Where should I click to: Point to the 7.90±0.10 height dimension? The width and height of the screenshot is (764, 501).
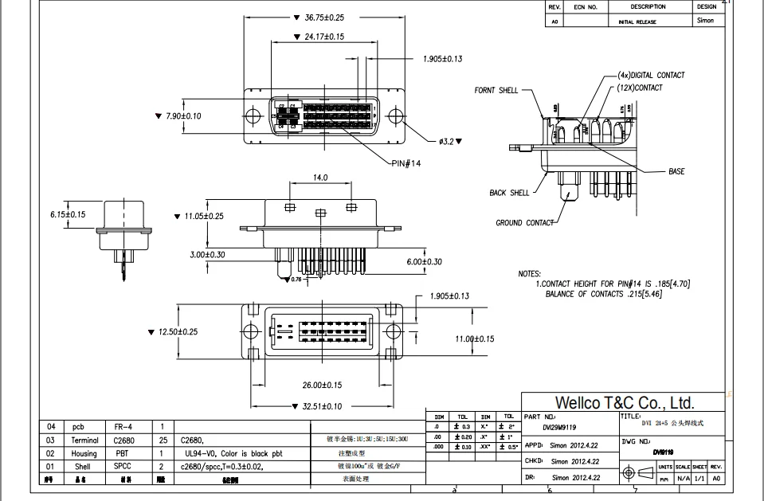[183, 116]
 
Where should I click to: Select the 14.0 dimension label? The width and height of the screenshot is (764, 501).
[320, 178]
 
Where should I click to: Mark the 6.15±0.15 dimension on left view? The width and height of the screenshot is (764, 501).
[67, 214]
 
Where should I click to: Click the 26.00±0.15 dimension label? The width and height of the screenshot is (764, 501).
[322, 385]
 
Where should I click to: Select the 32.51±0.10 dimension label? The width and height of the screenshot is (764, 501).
[322, 406]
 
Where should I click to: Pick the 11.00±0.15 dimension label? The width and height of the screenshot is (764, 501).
[475, 339]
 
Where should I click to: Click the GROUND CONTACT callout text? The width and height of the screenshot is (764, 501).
[524, 223]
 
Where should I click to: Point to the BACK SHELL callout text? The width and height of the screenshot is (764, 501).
[509, 193]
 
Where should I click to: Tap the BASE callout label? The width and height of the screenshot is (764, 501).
[676, 171]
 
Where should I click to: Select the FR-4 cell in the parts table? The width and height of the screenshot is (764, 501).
[125, 426]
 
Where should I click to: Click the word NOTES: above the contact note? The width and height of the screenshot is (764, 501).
[529, 274]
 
